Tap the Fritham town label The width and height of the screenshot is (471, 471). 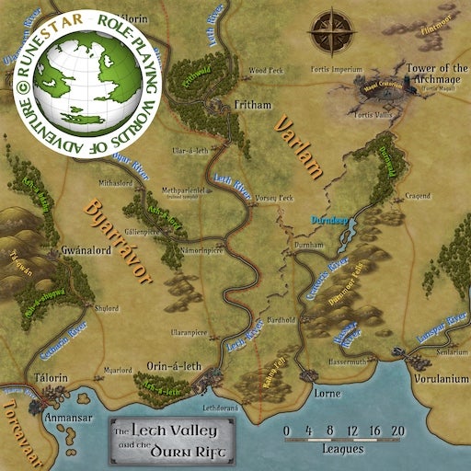click(250, 106)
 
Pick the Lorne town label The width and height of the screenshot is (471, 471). click(327, 392)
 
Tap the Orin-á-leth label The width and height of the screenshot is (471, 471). click(173, 366)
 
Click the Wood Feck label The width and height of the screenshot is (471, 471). click(264, 69)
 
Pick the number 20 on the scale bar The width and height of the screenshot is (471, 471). click(397, 431)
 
